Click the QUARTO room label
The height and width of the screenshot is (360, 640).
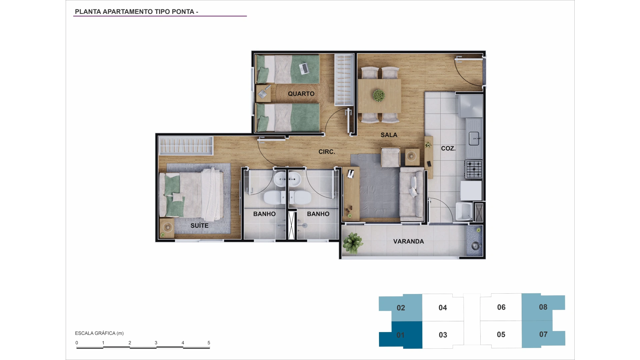click(301, 94)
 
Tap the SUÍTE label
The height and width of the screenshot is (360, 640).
click(199, 226)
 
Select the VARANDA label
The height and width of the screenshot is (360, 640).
click(408, 241)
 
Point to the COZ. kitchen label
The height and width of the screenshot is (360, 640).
click(448, 148)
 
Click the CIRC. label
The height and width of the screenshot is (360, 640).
click(327, 152)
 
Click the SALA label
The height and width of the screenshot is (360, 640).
click(389, 135)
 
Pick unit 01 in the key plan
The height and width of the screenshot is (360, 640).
click(400, 335)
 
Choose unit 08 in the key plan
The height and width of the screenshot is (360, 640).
click(543, 307)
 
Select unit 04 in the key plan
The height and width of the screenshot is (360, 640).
click(443, 308)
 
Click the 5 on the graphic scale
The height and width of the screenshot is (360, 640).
click(209, 343)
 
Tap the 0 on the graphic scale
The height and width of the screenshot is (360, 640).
click(77, 343)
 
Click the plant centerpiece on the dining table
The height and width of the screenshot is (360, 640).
click(379, 96)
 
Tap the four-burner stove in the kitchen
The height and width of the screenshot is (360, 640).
click(474, 169)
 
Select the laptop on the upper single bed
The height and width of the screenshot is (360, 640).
click(304, 69)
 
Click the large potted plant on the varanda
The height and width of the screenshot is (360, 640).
click(353, 242)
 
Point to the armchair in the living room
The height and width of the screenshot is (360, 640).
click(391, 157)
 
